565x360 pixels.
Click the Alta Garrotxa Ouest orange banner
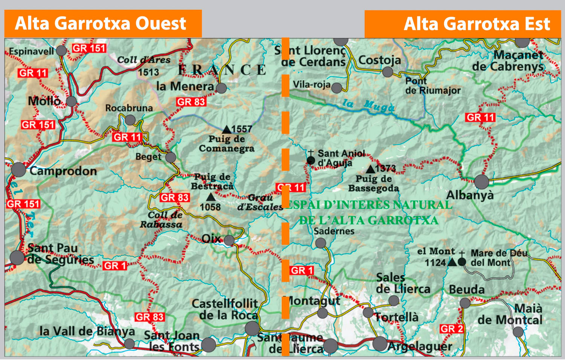click(103, 23)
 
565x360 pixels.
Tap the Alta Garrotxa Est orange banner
click(463, 24)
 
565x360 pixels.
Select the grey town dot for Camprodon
click(18, 170)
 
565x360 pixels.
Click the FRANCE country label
click(222, 70)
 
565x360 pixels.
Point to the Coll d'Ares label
click(144, 60)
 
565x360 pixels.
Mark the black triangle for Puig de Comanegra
click(226, 130)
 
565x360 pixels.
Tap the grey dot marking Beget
click(171, 157)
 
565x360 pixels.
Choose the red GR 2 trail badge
click(451, 329)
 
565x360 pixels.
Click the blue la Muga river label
click(368, 105)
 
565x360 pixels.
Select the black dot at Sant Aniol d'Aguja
click(311, 161)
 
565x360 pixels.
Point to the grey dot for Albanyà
click(481, 182)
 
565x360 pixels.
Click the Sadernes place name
click(334, 231)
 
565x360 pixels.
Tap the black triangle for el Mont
click(452, 262)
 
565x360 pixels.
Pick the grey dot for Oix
click(229, 240)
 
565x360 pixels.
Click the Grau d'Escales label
click(260, 203)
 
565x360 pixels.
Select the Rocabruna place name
click(129, 108)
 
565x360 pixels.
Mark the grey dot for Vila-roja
click(337, 88)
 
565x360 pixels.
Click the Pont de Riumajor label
click(432, 86)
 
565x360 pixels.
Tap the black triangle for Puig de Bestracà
click(211, 197)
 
